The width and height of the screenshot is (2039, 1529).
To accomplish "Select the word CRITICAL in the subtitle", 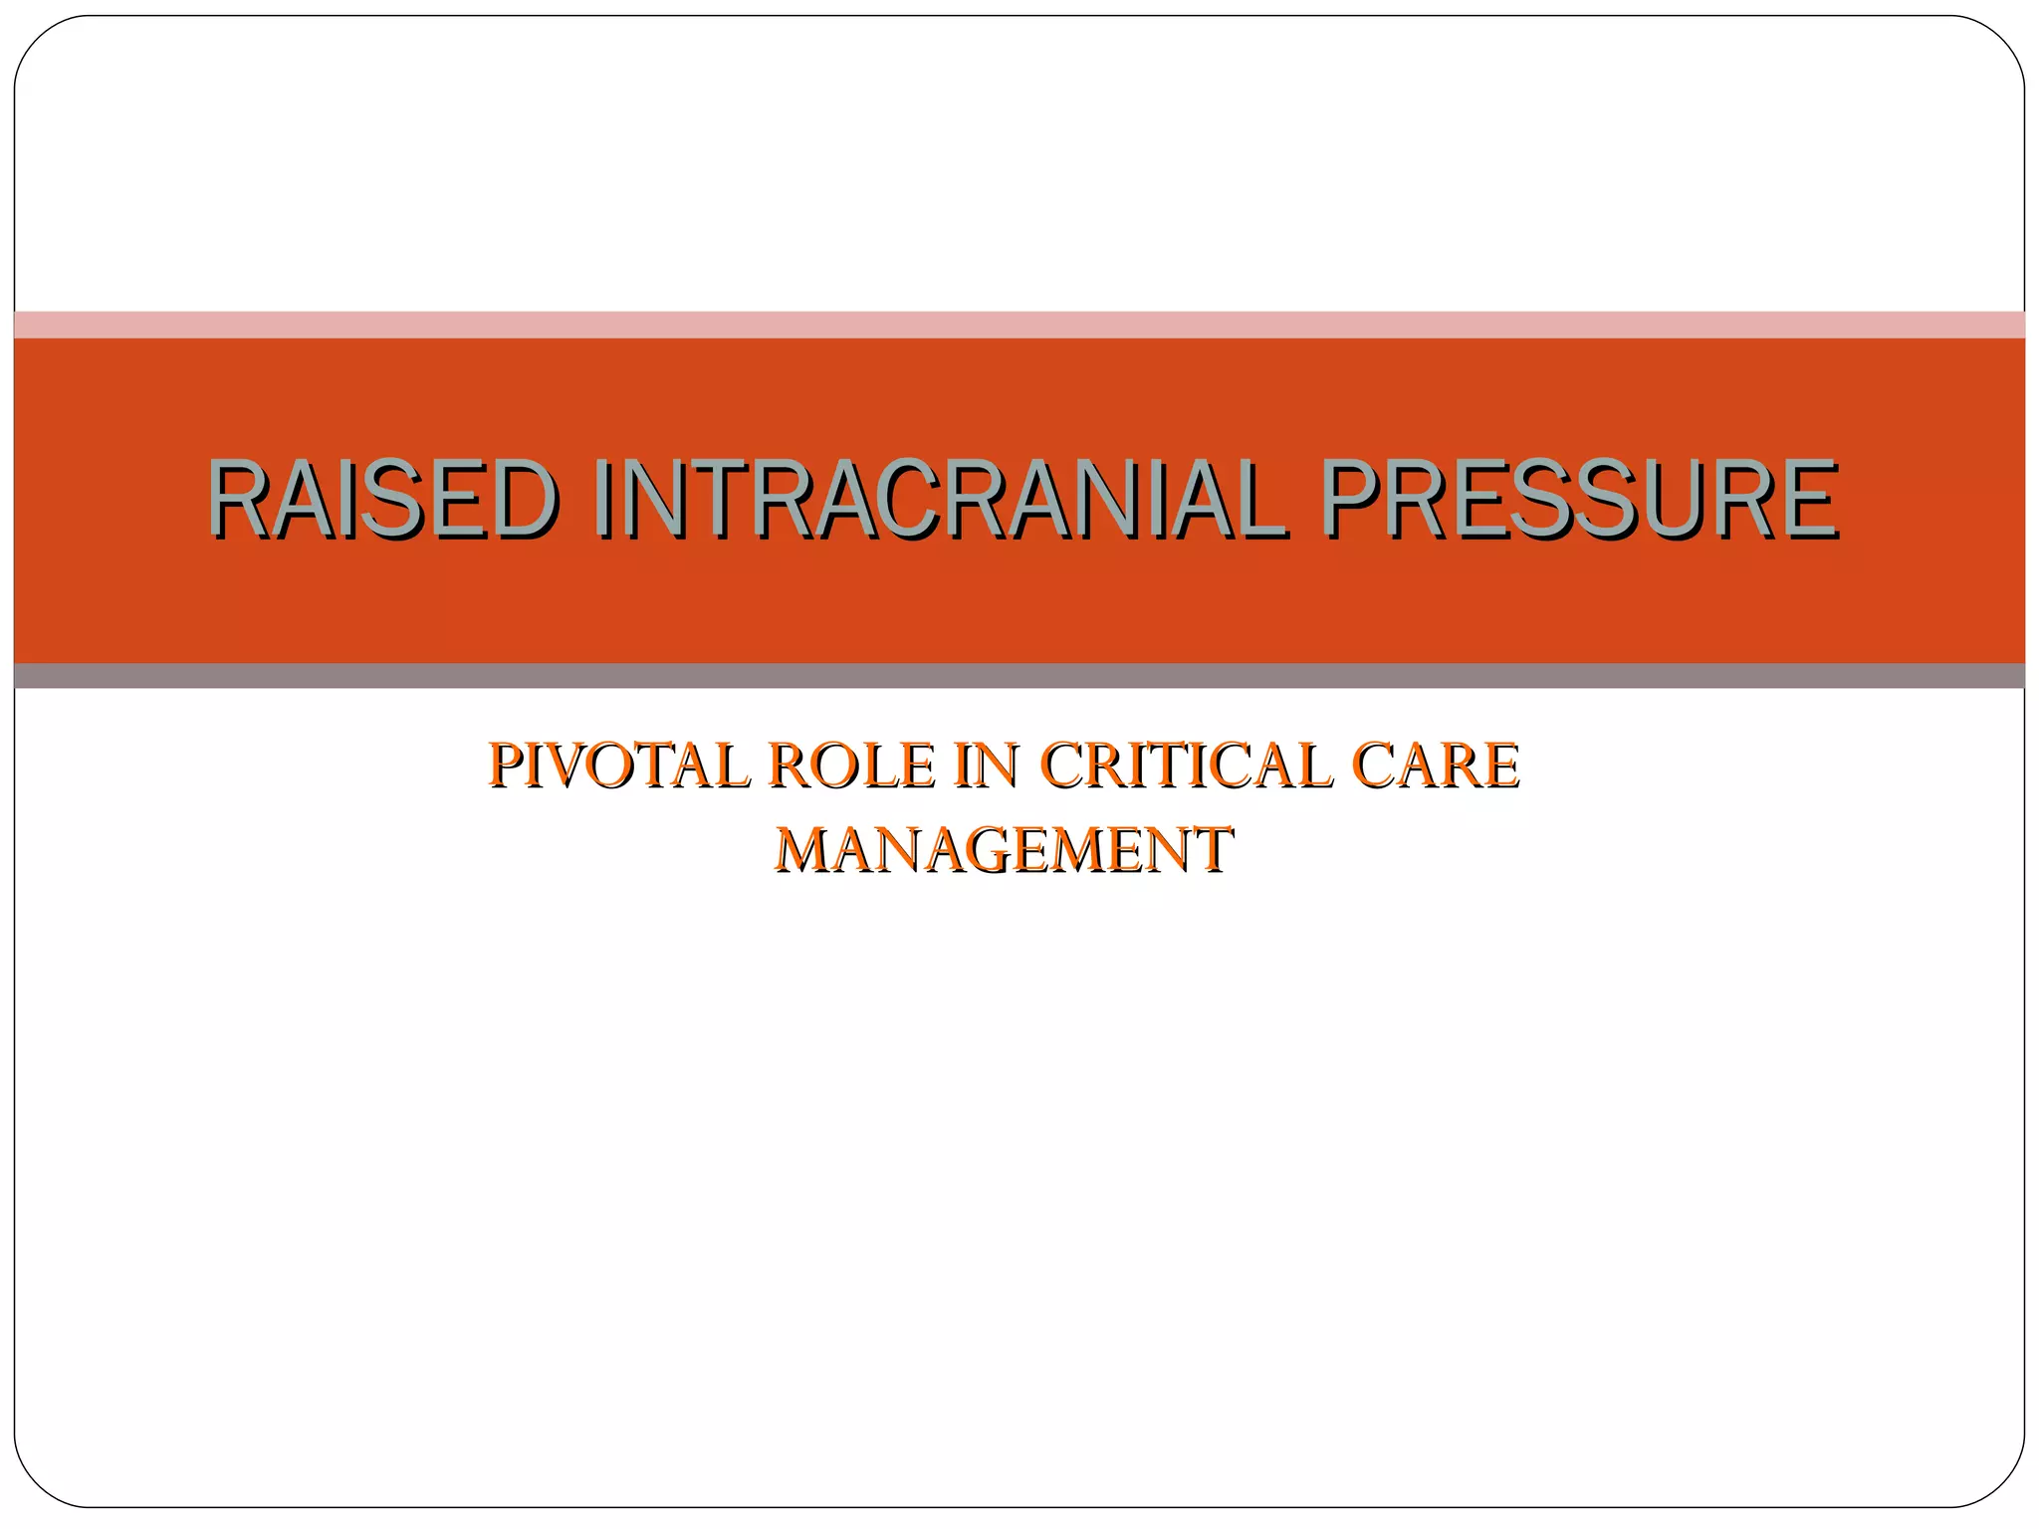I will (x=1186, y=765).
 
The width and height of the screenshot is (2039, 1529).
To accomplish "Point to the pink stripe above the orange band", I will (x=1019, y=325).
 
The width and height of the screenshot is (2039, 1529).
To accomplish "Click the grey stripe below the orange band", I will (x=1019, y=676).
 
